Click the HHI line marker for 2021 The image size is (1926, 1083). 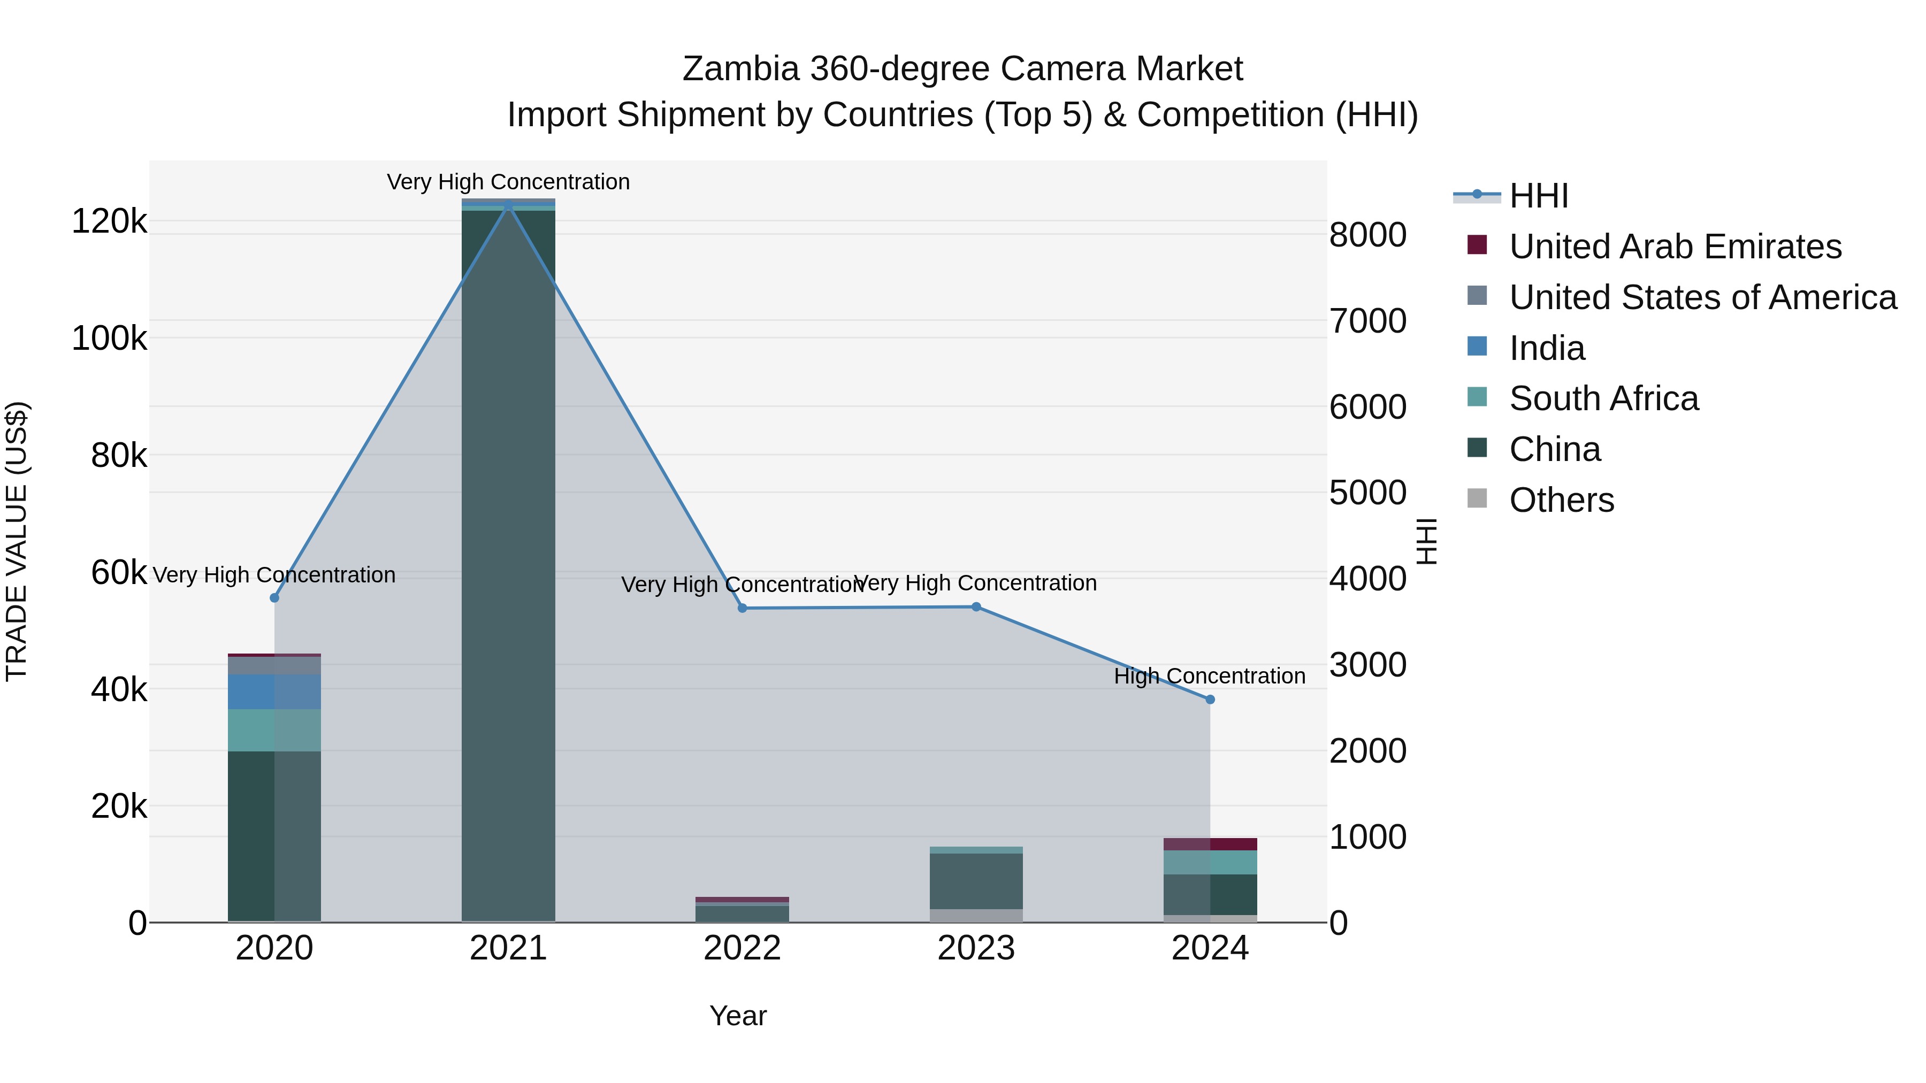508,205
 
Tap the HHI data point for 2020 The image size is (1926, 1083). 274,598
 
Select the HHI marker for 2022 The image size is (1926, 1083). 743,609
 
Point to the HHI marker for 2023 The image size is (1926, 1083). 976,607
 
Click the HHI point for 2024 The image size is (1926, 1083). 1211,700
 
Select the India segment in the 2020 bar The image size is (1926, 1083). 274,692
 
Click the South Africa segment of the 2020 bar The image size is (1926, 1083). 274,730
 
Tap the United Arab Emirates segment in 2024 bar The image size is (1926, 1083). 1211,844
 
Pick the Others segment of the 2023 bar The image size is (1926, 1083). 976,916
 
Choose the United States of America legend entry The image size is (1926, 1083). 1702,297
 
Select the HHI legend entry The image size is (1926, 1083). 1539,196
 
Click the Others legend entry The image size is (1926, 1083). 1561,500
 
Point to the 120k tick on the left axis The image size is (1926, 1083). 109,221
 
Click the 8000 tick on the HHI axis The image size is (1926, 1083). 1367,235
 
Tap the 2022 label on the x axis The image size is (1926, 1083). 743,948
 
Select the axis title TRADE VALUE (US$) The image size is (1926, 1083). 17,541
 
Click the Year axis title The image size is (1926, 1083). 738,1016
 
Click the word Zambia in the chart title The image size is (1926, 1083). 740,69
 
